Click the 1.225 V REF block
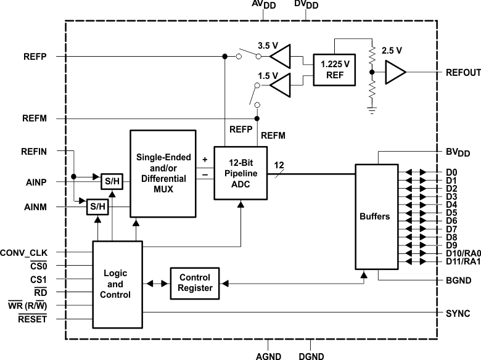(335, 70)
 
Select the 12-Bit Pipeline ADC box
(240, 173)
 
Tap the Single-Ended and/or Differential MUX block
(163, 174)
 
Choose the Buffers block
(374, 216)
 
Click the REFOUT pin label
(462, 73)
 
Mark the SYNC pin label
(458, 314)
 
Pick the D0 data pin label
(451, 172)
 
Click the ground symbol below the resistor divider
(371, 110)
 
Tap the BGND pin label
(458, 279)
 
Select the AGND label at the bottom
(268, 355)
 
